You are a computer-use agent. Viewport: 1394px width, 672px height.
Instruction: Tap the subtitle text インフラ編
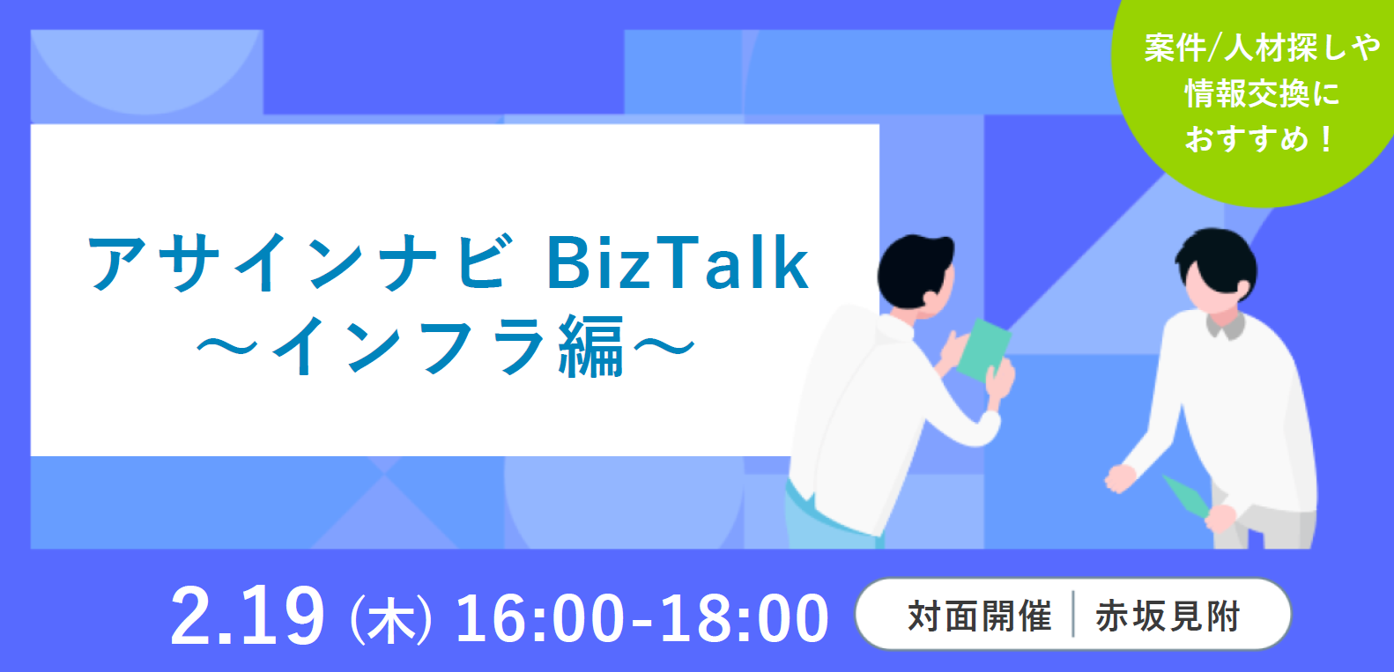tap(448, 347)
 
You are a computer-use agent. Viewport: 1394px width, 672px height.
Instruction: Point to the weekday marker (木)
tap(391, 620)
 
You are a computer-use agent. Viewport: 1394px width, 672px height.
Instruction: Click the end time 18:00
tap(745, 618)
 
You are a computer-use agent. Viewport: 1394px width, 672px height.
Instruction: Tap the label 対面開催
tap(980, 616)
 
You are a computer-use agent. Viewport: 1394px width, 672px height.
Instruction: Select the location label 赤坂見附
tap(1168, 616)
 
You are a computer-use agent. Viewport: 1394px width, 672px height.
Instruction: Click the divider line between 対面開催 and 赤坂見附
tap(1073, 615)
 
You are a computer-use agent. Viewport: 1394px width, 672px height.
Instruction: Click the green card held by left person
tap(983, 350)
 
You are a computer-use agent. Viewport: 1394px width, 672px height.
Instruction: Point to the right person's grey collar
tap(1225, 325)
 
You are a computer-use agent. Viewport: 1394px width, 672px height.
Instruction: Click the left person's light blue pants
tap(831, 520)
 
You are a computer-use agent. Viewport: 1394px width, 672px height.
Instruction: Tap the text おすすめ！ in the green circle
tap(1258, 139)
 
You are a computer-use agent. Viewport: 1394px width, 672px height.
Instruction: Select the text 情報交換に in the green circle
tap(1261, 93)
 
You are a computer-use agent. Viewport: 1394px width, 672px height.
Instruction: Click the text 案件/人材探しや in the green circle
tap(1262, 48)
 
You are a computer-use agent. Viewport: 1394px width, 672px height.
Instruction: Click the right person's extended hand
tap(1120, 478)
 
